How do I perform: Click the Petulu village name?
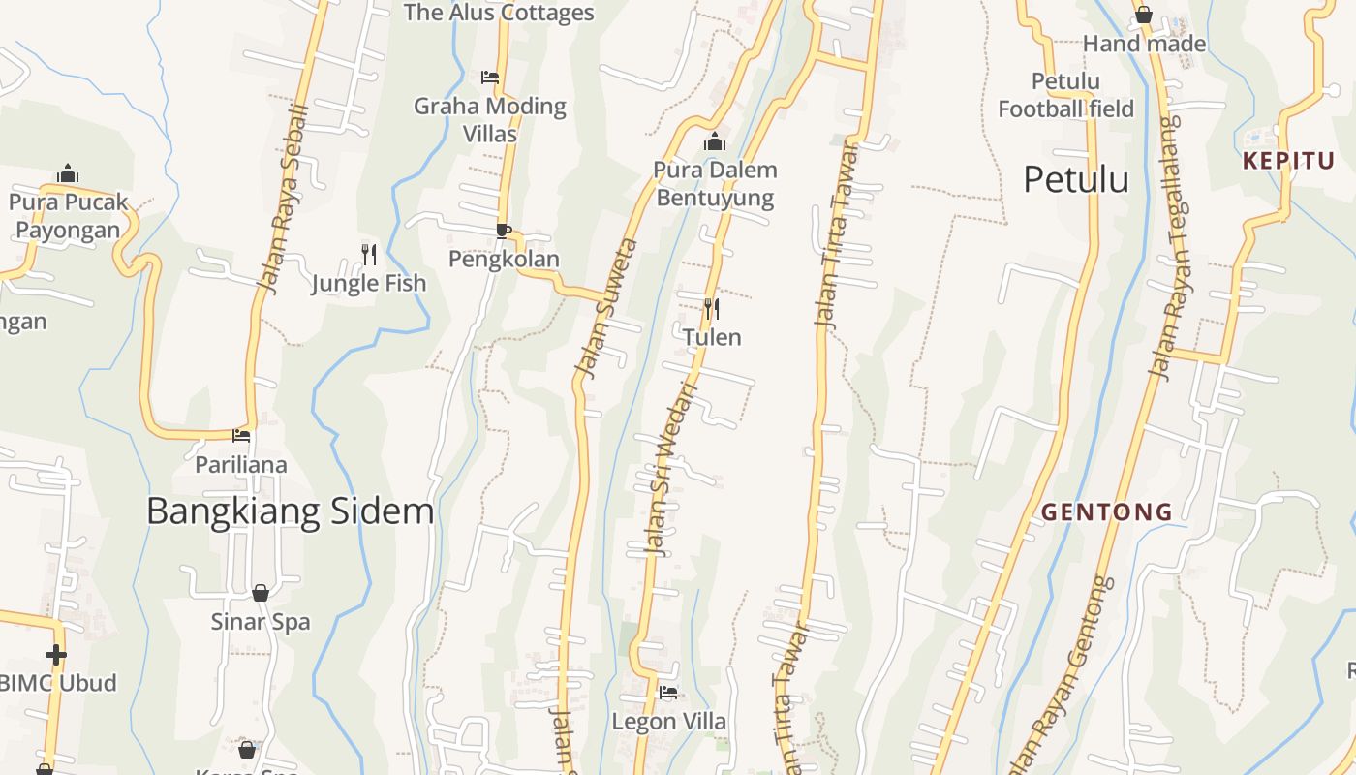click(1076, 180)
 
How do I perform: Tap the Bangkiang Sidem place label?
click(290, 511)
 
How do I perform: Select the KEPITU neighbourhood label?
click(1288, 161)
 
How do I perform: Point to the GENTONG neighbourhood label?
click(1106, 511)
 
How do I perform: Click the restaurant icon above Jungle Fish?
click(368, 255)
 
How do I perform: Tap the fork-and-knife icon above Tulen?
click(711, 309)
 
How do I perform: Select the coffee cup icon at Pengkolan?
click(503, 231)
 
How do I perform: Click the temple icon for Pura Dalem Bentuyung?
click(715, 142)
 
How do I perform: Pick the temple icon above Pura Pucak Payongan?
click(68, 173)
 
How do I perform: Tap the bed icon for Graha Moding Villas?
click(490, 77)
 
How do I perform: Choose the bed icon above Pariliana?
click(241, 436)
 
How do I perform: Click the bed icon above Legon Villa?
click(668, 693)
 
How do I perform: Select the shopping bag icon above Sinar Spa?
click(261, 593)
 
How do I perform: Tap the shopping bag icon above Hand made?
click(1143, 15)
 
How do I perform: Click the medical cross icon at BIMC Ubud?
click(56, 655)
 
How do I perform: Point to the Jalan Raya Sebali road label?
click(283, 199)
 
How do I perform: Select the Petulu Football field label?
click(1065, 95)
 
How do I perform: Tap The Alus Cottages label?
click(499, 13)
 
